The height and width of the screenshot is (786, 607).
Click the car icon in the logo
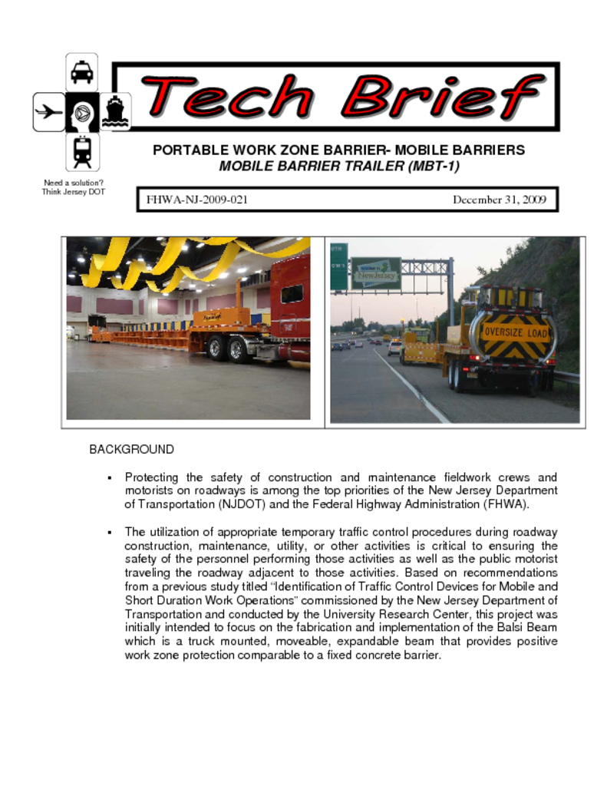(82, 72)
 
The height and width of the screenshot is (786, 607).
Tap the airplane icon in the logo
(48, 112)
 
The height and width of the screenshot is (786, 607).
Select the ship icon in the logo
(116, 111)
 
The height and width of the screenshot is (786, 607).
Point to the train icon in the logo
(82, 151)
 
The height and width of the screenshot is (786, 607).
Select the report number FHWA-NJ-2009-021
(197, 200)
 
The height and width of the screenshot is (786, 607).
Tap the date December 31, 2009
(499, 200)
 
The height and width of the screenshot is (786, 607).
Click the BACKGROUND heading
(132, 449)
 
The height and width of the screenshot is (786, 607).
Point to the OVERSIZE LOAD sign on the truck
(515, 332)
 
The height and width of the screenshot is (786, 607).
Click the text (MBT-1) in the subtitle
(434, 167)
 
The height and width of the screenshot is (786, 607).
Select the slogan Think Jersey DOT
(74, 192)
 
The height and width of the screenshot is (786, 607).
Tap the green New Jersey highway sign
(376, 272)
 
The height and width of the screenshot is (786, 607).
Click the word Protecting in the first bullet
(153, 477)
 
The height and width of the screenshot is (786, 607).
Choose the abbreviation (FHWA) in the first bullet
(503, 504)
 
